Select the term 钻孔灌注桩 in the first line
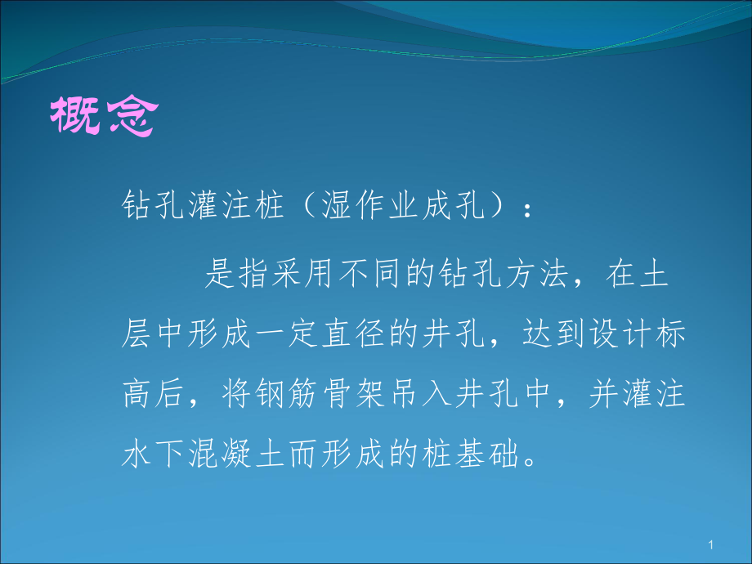(201, 205)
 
